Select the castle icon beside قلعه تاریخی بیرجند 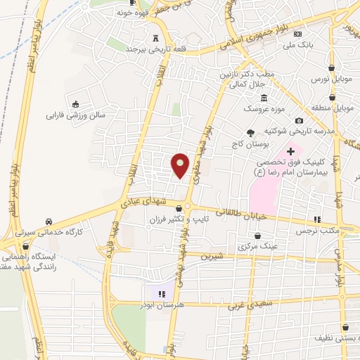[x=155, y=38]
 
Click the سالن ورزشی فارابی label [x=75, y=113]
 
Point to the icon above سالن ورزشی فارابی [x=75, y=102]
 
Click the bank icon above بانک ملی [x=299, y=34]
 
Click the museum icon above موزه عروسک [x=264, y=98]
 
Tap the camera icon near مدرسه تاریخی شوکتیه [x=300, y=120]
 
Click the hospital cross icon [x=290, y=150]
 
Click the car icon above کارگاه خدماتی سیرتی [x=49, y=219]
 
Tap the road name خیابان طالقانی [x=221, y=211]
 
